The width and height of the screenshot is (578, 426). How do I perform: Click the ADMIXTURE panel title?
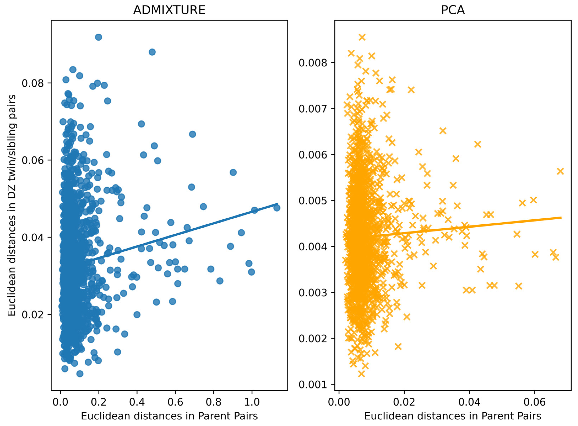click(x=169, y=10)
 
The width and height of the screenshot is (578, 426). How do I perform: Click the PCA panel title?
click(x=453, y=10)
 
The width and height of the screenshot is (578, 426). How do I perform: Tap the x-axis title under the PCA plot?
click(x=453, y=416)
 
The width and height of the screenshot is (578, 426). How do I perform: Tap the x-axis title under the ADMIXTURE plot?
click(x=169, y=416)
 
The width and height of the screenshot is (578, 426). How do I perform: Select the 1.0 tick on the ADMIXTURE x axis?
click(x=252, y=402)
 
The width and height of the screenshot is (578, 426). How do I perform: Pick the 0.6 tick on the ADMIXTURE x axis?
click(x=175, y=402)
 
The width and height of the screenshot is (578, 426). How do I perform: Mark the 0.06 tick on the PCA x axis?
click(x=535, y=402)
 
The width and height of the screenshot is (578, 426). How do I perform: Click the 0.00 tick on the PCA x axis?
click(x=339, y=402)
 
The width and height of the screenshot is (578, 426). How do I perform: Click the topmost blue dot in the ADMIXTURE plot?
click(x=98, y=37)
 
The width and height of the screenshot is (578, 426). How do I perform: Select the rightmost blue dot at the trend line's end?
click(x=277, y=208)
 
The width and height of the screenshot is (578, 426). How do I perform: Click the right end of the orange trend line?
click(x=561, y=218)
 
